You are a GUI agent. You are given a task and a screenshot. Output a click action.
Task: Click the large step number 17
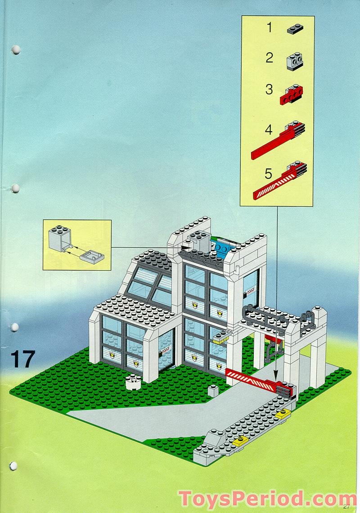(22, 359)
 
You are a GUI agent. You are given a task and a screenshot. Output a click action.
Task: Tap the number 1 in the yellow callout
(269, 28)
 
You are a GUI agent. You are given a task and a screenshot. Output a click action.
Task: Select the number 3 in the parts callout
(269, 89)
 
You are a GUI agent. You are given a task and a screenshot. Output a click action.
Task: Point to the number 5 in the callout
(269, 173)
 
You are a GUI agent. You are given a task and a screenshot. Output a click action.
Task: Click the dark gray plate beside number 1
(295, 29)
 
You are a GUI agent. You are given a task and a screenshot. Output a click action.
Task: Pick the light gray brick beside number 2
(295, 61)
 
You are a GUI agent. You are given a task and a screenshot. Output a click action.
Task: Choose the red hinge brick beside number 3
(292, 94)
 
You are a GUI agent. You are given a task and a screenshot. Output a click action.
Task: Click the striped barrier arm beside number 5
(279, 182)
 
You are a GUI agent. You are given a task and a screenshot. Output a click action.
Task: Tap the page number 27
(346, 506)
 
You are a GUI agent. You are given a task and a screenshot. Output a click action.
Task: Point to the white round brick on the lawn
(133, 382)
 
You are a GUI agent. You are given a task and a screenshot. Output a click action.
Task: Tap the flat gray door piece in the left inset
(93, 257)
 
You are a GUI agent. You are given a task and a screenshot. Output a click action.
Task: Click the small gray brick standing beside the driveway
(213, 390)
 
